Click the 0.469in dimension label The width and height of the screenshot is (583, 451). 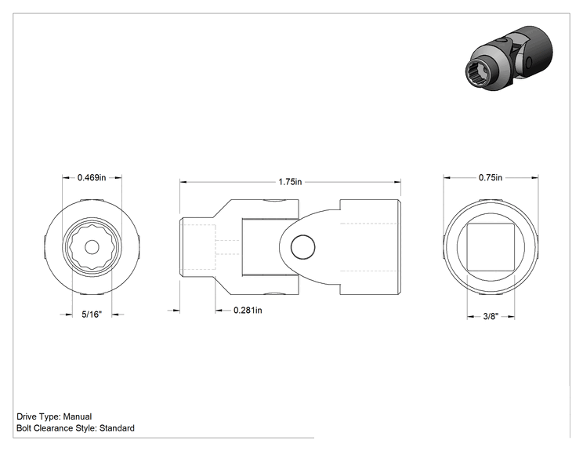click(x=92, y=177)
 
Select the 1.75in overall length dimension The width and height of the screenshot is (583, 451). click(x=290, y=182)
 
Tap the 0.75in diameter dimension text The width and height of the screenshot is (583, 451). click(x=490, y=177)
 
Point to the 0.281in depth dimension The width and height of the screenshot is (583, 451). click(x=248, y=310)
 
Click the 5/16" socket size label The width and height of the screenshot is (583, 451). click(x=92, y=315)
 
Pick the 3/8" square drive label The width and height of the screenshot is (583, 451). click(x=491, y=316)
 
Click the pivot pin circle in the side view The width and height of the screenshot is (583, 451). click(x=303, y=247)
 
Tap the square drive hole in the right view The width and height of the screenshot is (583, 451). click(x=491, y=247)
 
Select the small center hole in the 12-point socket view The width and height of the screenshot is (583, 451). click(x=92, y=247)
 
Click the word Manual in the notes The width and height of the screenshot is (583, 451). click(x=78, y=416)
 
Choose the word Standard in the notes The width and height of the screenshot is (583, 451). click(x=117, y=428)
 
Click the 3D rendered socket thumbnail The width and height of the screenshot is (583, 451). click(x=509, y=59)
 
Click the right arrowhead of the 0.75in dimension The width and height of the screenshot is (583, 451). click(x=534, y=177)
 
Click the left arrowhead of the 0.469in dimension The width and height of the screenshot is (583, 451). click(x=67, y=177)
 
